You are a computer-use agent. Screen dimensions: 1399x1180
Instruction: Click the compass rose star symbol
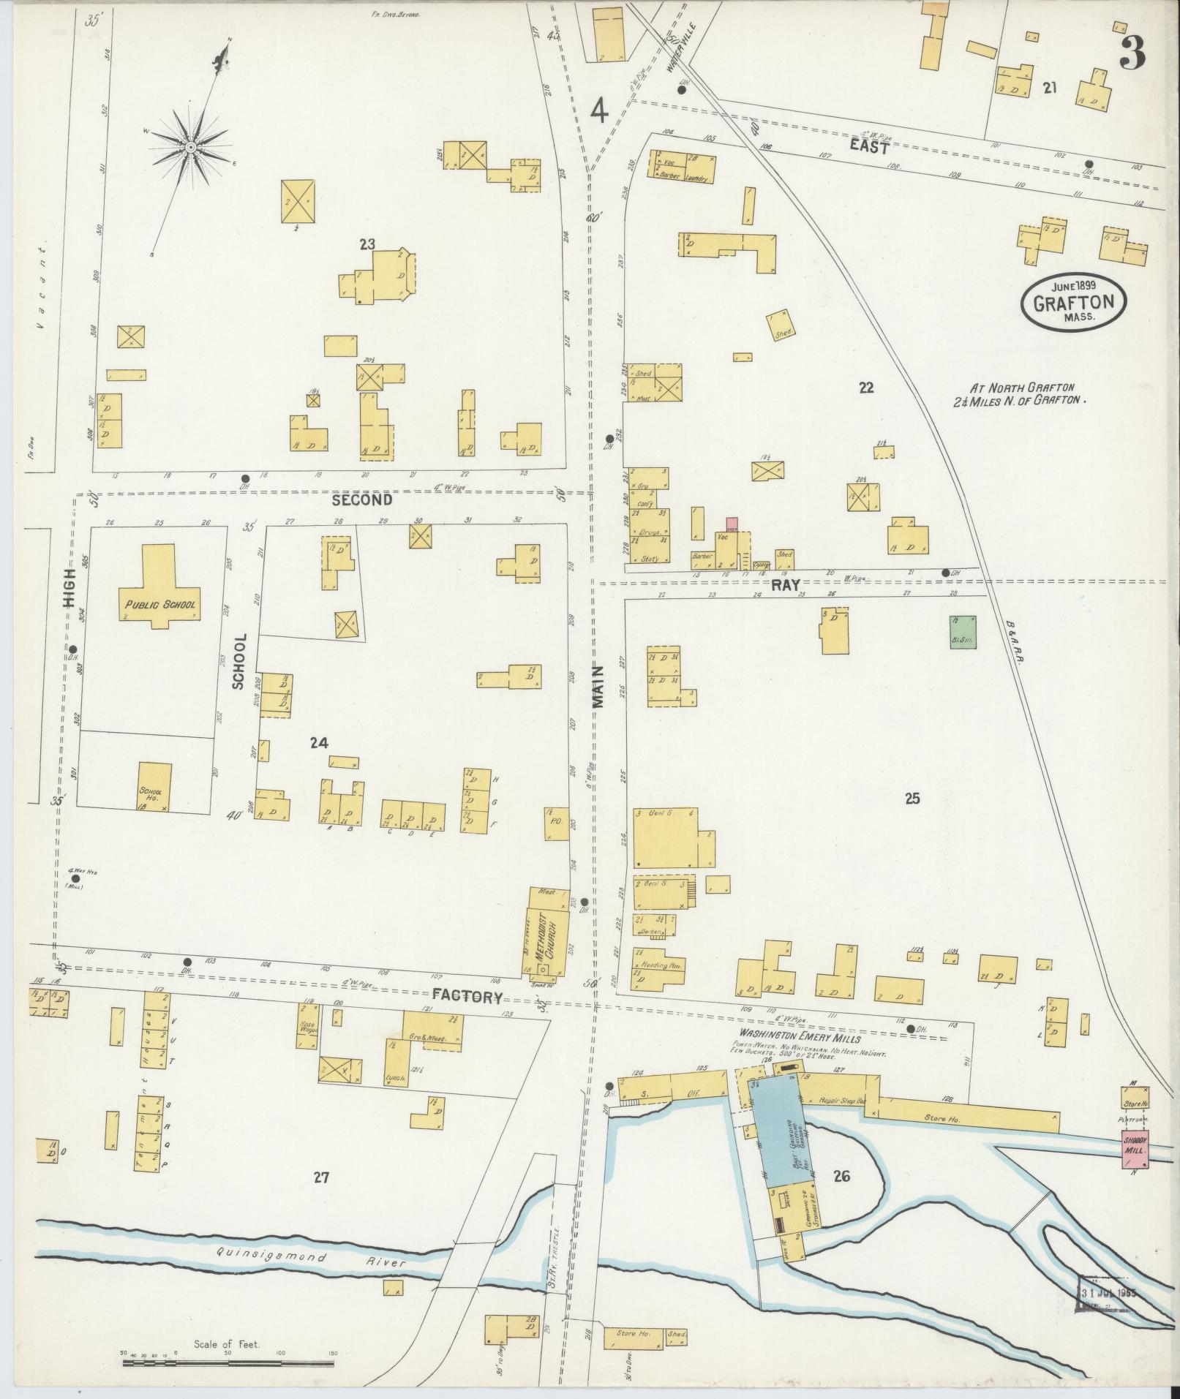pyautogui.click(x=190, y=147)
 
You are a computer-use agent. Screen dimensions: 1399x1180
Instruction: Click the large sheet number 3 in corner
pyautogui.click(x=1131, y=51)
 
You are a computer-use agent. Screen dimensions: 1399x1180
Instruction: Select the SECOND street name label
pyautogui.click(x=362, y=500)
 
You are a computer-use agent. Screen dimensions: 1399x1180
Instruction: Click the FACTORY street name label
pyautogui.click(x=467, y=997)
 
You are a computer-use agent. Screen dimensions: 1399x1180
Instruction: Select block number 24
pyautogui.click(x=318, y=744)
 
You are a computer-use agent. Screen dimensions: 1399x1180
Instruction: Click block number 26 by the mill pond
pyautogui.click(x=841, y=1176)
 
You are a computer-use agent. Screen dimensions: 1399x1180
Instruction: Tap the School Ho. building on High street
pyautogui.click(x=155, y=787)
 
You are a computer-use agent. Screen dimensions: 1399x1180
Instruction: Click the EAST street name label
pyautogui.click(x=869, y=147)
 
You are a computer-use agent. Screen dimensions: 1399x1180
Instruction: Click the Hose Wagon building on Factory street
pyautogui.click(x=307, y=1027)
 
